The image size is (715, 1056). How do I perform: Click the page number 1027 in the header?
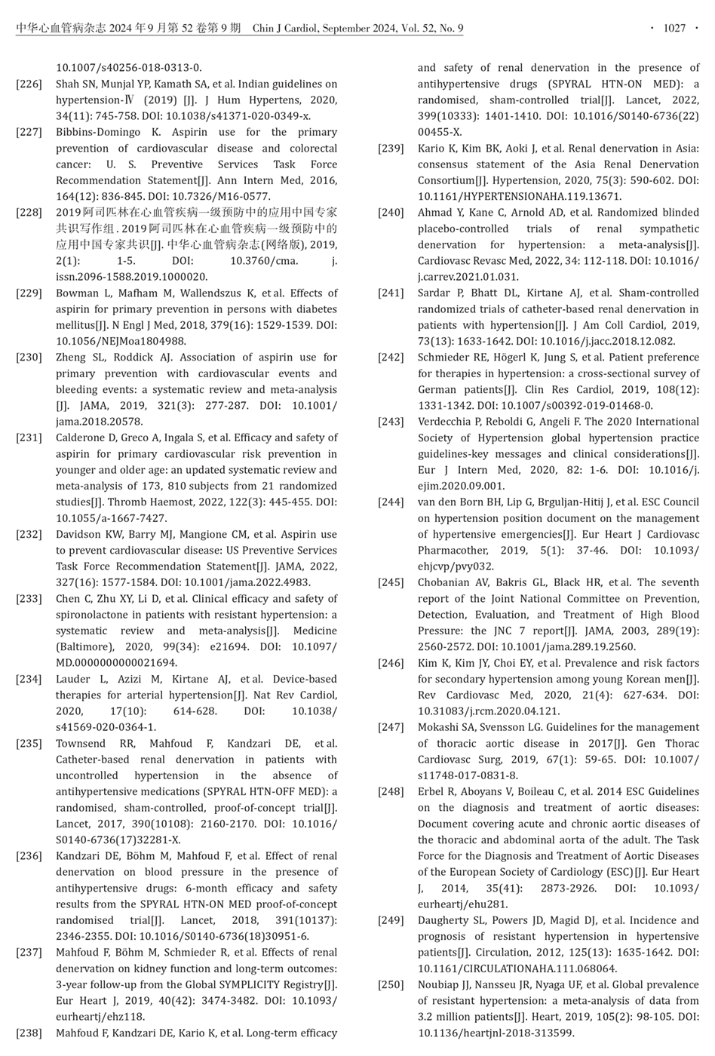[674, 29]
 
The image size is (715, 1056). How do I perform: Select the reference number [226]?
[29, 84]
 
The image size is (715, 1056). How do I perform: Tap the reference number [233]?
[29, 599]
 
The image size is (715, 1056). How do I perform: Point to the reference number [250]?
[391, 984]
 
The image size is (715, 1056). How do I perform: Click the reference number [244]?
[391, 502]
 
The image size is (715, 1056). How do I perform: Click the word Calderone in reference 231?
[82, 437]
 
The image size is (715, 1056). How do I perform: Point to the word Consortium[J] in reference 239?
[452, 180]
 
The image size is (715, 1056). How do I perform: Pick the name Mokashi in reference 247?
[439, 727]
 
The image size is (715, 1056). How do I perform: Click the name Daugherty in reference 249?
[446, 920]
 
